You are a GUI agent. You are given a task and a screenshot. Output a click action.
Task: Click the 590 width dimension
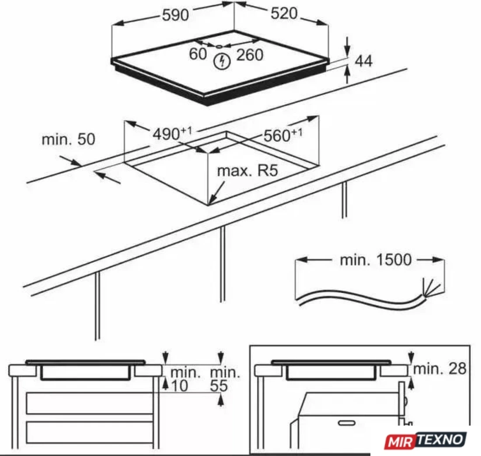point(175,15)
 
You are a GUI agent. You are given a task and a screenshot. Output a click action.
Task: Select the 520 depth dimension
point(284,14)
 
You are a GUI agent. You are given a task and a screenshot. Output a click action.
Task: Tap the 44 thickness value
point(363,61)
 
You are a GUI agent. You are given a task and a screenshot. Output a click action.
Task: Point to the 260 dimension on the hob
point(250,55)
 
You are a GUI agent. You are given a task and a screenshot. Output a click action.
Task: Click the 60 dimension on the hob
point(198,54)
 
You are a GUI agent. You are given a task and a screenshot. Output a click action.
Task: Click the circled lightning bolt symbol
point(222,61)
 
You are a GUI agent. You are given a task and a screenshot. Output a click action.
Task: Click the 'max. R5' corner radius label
point(247,171)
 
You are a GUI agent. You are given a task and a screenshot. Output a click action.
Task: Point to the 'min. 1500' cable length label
point(376,260)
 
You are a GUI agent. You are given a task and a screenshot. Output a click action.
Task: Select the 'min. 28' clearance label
point(439,368)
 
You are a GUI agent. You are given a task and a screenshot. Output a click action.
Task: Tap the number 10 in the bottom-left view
point(179,386)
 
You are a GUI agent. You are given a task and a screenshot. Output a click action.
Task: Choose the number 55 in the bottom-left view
point(219,386)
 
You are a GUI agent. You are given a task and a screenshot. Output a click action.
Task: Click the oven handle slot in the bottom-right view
point(347,423)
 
